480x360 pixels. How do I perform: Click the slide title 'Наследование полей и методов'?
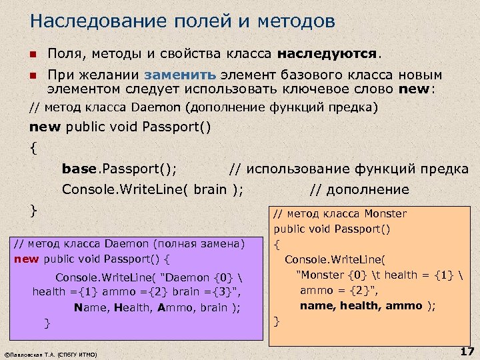pos(182,21)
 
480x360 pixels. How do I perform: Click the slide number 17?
pos(466,351)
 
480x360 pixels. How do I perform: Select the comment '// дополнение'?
pos(359,189)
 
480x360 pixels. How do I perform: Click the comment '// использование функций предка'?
pos(348,169)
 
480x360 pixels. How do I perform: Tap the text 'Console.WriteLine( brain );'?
pos(152,189)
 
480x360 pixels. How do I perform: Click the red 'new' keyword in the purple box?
pos(27,259)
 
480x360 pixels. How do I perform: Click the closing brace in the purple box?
pos(47,323)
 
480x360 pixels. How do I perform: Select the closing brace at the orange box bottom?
pos(277,321)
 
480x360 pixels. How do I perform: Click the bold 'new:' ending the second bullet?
pos(416,89)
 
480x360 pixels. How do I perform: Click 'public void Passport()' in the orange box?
pos(331,229)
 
